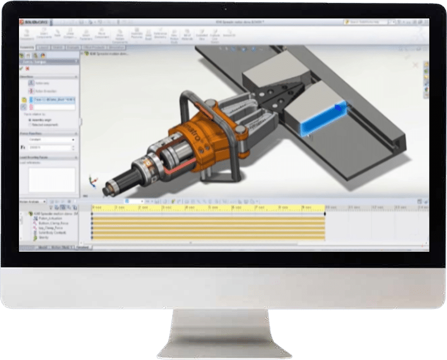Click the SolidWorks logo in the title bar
pos(32,22)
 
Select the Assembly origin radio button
pos(29,119)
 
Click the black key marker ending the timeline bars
pos(325,214)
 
